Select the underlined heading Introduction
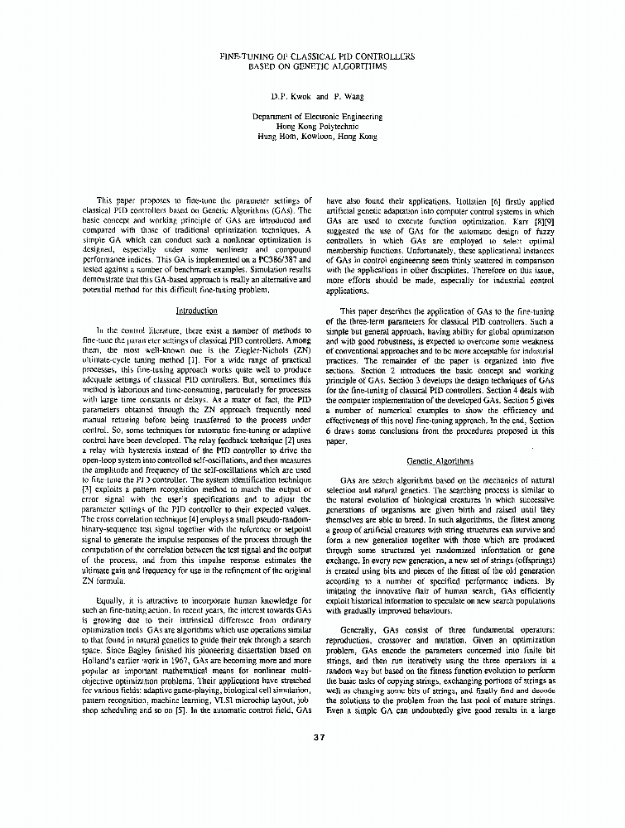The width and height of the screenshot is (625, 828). coord(196,310)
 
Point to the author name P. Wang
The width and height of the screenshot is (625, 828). coord(343,95)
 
